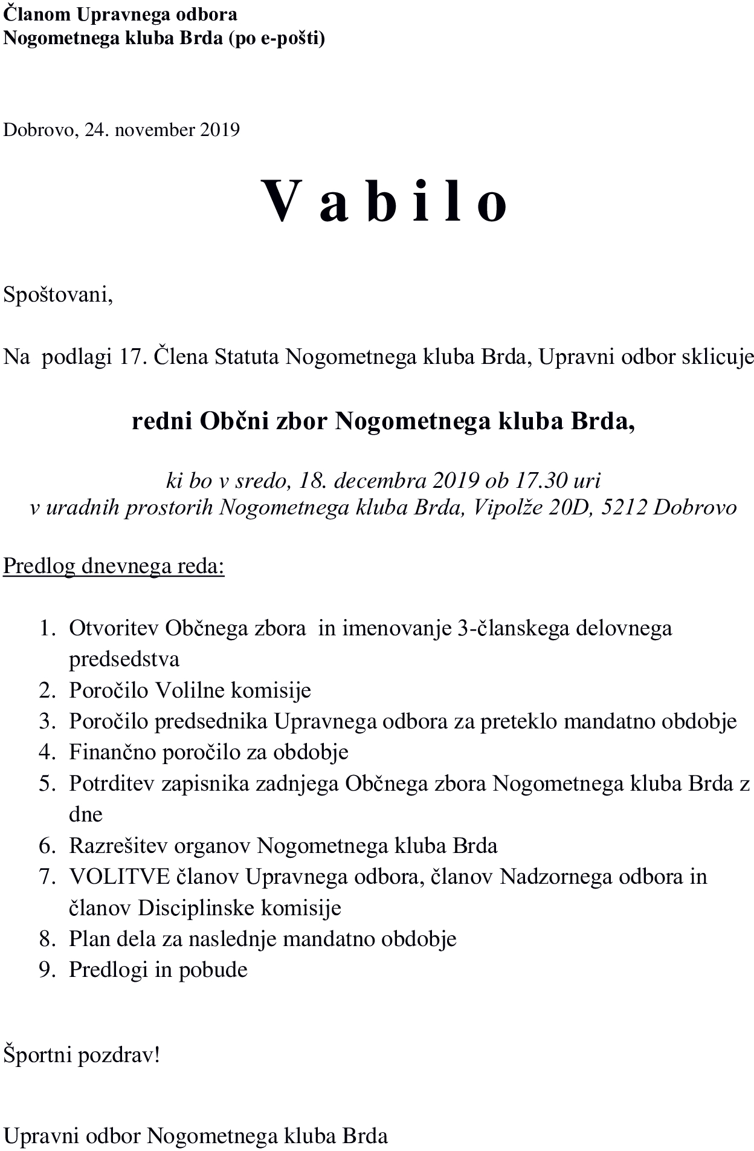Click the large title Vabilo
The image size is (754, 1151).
tap(384, 201)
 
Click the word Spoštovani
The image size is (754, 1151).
tap(58, 295)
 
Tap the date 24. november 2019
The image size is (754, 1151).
tap(162, 130)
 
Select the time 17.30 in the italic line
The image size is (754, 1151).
tap(541, 481)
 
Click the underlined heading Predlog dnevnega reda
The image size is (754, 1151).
tap(114, 566)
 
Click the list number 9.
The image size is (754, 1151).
tap(47, 970)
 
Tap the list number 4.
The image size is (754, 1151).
tap(47, 752)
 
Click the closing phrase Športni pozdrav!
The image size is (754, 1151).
tap(82, 1055)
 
